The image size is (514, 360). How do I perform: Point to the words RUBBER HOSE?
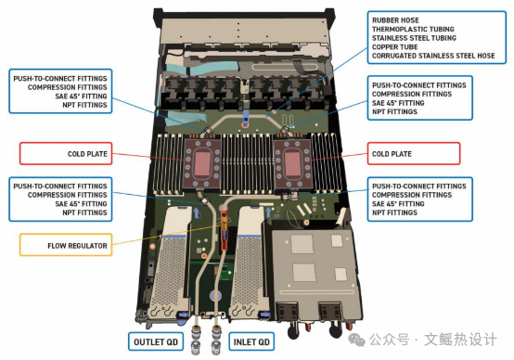394,19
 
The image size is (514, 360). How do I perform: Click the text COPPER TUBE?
394,46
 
